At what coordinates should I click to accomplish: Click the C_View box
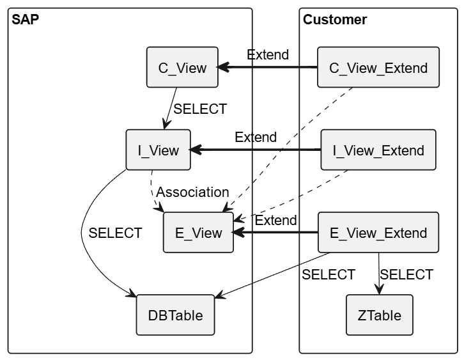(x=182, y=67)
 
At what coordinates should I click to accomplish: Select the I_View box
(x=158, y=150)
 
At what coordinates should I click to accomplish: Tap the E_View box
(x=198, y=233)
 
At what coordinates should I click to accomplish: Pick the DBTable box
(x=175, y=315)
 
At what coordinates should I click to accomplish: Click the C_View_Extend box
(x=378, y=67)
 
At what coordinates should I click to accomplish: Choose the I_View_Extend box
(x=378, y=150)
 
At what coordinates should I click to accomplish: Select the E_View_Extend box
(x=378, y=233)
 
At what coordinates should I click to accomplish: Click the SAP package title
(x=26, y=20)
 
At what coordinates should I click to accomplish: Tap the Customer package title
(x=335, y=20)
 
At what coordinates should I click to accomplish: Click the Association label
(x=192, y=192)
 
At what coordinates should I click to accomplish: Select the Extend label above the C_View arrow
(x=268, y=54)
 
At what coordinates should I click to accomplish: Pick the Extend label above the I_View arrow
(x=256, y=137)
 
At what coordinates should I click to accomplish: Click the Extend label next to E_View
(x=276, y=221)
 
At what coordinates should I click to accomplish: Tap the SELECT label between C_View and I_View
(x=200, y=109)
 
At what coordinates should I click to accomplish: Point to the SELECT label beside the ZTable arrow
(x=406, y=274)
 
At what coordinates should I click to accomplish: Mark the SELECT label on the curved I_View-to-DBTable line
(x=115, y=233)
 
